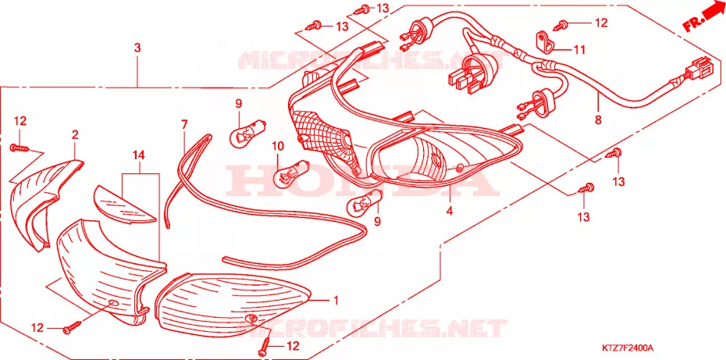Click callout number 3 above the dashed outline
(137, 48)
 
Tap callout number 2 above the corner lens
(75, 135)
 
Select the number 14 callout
(138, 155)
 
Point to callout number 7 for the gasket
(184, 124)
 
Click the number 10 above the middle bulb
(278, 146)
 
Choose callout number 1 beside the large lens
(336, 301)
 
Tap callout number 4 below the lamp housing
(449, 210)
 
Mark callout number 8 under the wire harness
(598, 120)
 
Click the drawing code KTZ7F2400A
(628, 348)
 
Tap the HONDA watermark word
(362, 180)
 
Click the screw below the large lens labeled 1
(265, 344)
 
